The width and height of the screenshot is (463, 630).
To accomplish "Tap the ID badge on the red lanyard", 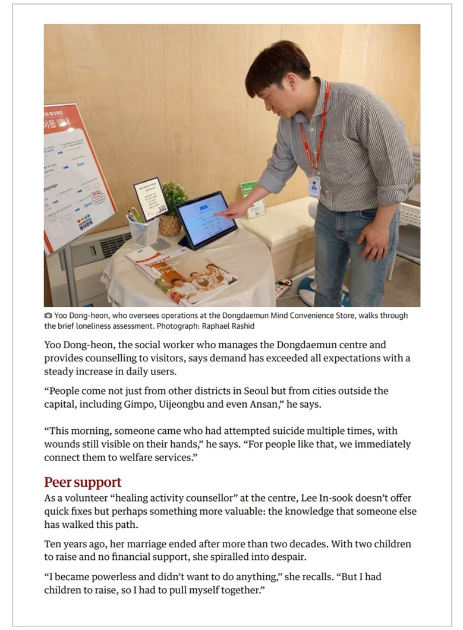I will pyautogui.click(x=314, y=186).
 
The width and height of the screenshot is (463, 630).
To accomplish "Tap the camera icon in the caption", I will pyautogui.click(x=48, y=316).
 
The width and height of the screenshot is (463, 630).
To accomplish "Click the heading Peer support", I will pyautogui.click(x=83, y=482).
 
